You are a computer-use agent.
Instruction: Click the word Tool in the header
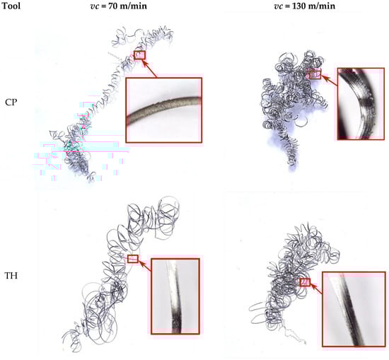coord(11,6)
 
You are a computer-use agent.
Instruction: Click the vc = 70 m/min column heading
coord(118,6)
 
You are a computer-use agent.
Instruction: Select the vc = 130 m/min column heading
coord(304,6)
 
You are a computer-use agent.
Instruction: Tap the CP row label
coord(11,103)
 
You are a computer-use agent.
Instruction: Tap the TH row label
coord(11,275)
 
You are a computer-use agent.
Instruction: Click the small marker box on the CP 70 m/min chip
coord(139,55)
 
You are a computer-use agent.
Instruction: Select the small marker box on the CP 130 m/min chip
coord(315,74)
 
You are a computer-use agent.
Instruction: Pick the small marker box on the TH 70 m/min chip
coord(132,259)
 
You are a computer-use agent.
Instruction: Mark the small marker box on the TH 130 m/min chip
coord(305,282)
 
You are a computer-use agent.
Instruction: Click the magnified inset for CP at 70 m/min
coord(164,110)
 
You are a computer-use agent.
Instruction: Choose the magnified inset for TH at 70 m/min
coord(175,296)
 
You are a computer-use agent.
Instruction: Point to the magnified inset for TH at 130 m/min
coord(354,309)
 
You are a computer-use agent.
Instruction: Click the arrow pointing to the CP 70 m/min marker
coord(149,69)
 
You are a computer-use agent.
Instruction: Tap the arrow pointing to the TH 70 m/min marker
coord(144,266)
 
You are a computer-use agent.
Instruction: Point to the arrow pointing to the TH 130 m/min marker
coord(316,289)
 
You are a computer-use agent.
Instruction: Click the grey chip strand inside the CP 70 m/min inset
coord(164,109)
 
